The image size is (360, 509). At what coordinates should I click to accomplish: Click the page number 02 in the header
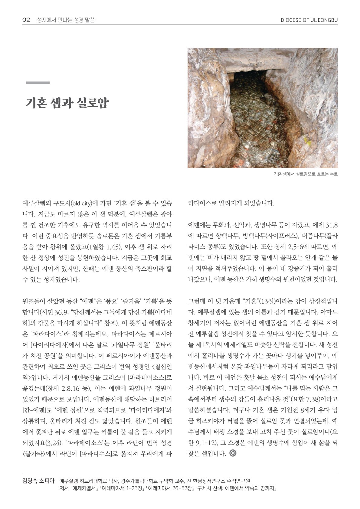click(x=26, y=20)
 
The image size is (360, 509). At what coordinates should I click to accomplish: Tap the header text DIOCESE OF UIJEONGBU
click(x=309, y=20)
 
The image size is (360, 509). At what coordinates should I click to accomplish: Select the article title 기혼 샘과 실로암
click(x=67, y=103)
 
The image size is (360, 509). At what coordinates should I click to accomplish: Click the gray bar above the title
click(x=38, y=83)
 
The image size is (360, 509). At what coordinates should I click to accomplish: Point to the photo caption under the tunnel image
click(x=305, y=174)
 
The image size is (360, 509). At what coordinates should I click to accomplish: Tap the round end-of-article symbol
click(x=233, y=453)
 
